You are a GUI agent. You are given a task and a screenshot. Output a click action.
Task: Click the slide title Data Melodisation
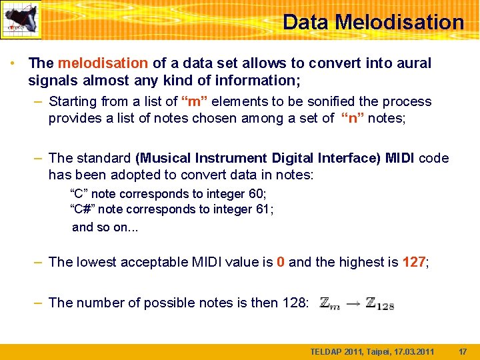point(373,22)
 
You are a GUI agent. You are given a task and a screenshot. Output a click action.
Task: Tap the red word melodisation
point(103,63)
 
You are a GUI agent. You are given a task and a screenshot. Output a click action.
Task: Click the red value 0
point(281,263)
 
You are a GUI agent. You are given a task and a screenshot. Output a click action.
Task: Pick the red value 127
point(413,263)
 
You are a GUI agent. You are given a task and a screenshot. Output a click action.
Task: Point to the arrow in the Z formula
point(353,303)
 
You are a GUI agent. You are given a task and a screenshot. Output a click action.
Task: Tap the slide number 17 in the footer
point(463,351)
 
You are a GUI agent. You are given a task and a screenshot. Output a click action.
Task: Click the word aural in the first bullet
point(413,63)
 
